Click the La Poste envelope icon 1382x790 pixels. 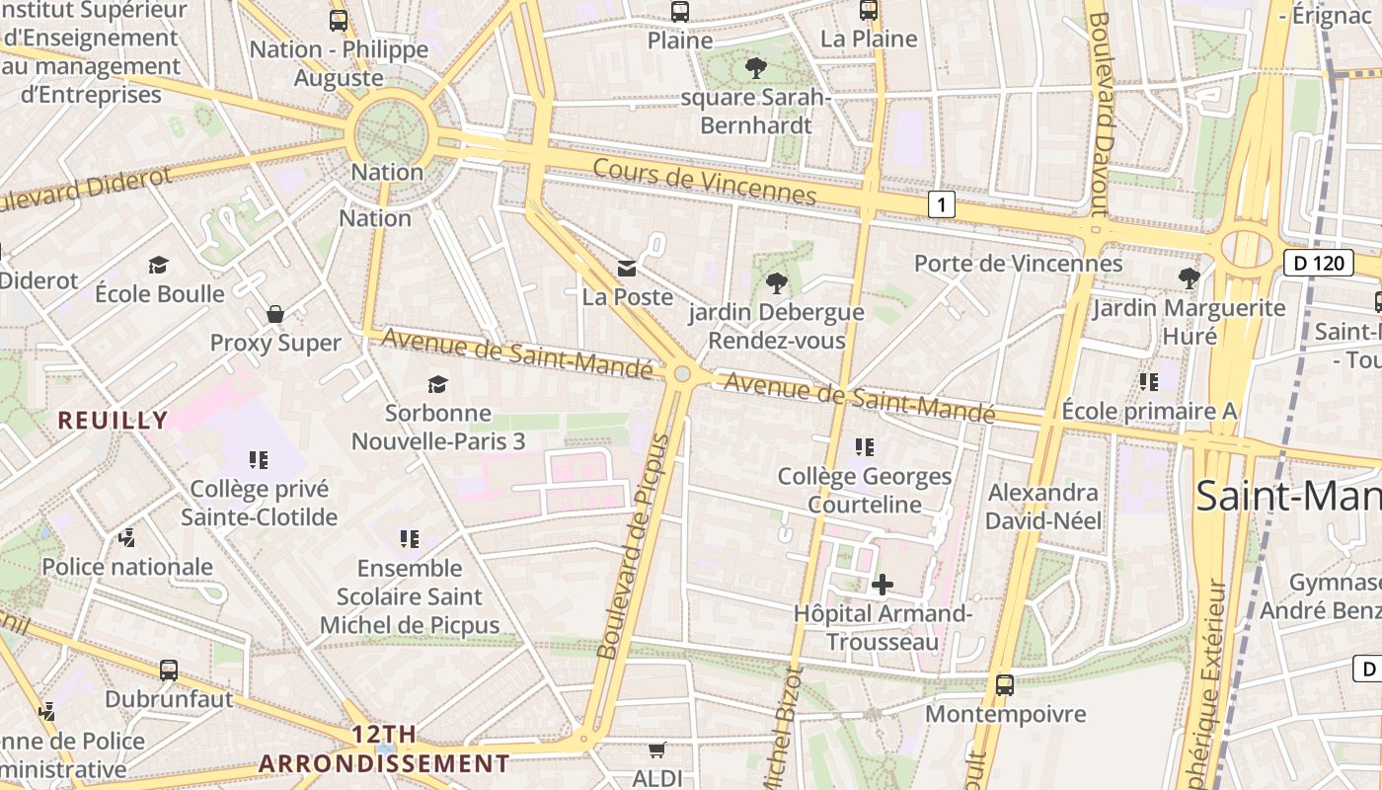click(x=626, y=268)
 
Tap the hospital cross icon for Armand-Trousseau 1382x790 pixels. click(x=883, y=585)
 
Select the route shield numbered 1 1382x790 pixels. click(x=943, y=205)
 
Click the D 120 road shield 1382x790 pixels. click(x=1318, y=263)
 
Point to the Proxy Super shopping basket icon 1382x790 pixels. click(x=275, y=314)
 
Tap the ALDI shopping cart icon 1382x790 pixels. click(x=657, y=750)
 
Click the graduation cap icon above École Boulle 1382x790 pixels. click(x=158, y=265)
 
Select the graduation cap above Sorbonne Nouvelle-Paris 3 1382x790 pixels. click(x=437, y=384)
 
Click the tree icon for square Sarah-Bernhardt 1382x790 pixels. click(x=756, y=68)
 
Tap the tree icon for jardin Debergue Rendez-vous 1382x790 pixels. click(x=777, y=283)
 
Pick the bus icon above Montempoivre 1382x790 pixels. click(x=1005, y=684)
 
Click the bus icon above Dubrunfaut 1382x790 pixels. click(x=169, y=671)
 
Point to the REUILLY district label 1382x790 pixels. click(x=113, y=420)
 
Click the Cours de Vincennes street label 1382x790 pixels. click(x=704, y=182)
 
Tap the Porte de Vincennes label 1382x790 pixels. click(x=1018, y=264)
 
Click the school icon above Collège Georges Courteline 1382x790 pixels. click(x=865, y=447)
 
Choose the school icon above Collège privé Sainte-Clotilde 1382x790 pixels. click(x=259, y=459)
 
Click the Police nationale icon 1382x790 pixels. click(x=126, y=537)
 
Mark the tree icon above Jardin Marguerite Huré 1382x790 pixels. click(x=1190, y=278)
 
